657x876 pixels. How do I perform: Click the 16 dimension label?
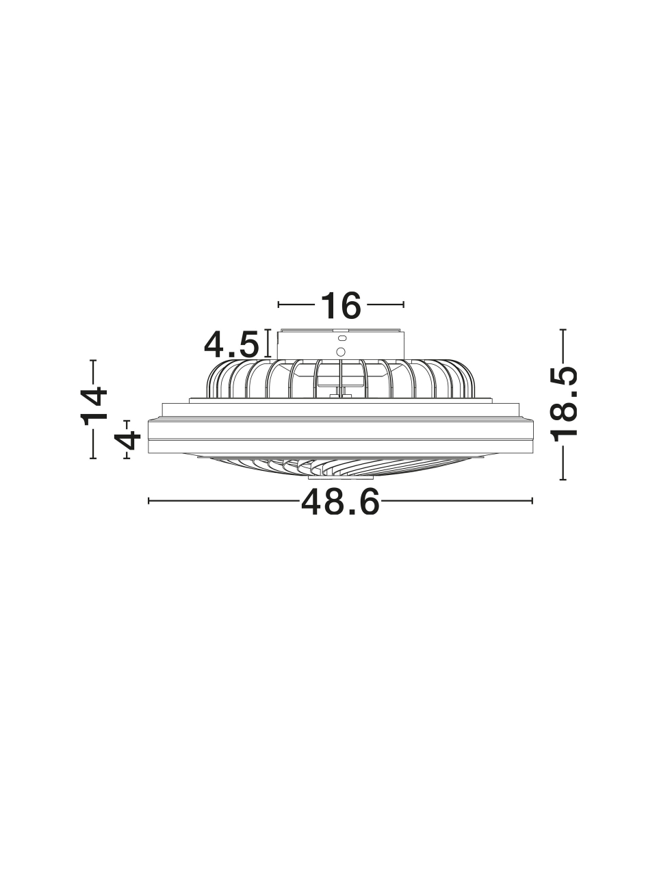coord(341,305)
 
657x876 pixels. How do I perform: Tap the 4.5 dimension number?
coord(231,344)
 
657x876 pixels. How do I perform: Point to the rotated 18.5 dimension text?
coord(564,404)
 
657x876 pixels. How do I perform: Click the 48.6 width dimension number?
coord(340,502)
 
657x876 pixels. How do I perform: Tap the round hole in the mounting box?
coord(341,352)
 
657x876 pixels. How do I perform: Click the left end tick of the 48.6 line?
coord(149,500)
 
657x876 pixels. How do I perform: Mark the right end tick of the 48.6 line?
coord(532,500)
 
